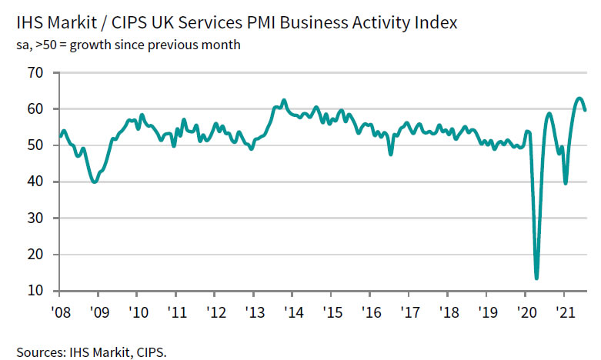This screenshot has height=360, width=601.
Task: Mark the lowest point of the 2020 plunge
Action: (x=536, y=278)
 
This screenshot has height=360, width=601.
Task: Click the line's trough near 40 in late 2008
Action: (x=94, y=182)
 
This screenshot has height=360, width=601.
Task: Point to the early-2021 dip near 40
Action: (x=566, y=183)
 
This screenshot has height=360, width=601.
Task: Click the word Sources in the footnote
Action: (x=38, y=352)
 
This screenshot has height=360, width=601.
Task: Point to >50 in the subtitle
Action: (x=46, y=45)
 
